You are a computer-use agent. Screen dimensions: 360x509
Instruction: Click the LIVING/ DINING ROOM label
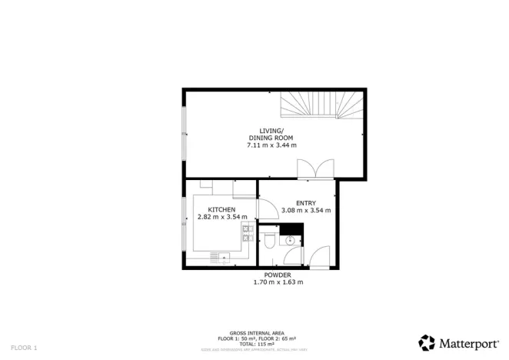pyautogui.click(x=271, y=134)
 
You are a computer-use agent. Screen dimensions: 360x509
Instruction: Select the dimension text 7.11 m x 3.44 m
pyautogui.click(x=271, y=145)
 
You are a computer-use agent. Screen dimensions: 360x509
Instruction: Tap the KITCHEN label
pyautogui.click(x=221, y=209)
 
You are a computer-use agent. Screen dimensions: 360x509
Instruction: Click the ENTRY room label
pyautogui.click(x=306, y=202)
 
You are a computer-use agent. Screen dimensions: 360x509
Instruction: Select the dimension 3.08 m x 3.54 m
pyautogui.click(x=306, y=210)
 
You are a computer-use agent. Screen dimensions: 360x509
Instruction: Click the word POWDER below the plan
pyautogui.click(x=278, y=275)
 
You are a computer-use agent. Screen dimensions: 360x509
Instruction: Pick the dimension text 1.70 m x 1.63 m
pyautogui.click(x=278, y=282)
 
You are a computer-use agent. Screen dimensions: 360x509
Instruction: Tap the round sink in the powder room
pyautogui.click(x=291, y=241)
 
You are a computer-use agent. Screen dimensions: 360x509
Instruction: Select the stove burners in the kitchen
pyautogui.click(x=247, y=232)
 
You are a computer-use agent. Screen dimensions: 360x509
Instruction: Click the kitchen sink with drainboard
pyautogui.click(x=222, y=256)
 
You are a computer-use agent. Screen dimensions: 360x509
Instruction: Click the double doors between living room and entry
pyautogui.click(x=315, y=168)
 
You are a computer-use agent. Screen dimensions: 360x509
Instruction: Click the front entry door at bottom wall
pyautogui.click(x=320, y=258)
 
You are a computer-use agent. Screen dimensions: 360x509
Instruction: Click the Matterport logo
pyautogui.click(x=457, y=342)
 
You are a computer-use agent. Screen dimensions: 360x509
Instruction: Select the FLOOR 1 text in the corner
pyautogui.click(x=24, y=348)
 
